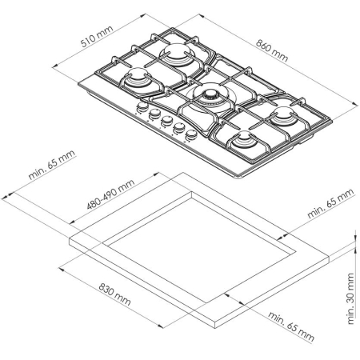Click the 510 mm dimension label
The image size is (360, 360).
pos(97,36)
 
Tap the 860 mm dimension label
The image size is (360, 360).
pos(272,50)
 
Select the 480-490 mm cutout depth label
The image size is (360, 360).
pos(110,194)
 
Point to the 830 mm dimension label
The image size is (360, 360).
pos(114,294)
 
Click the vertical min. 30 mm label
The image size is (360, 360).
pos(351,298)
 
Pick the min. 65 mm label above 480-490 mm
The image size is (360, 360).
pos(52,165)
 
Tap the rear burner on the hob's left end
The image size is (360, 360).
pos(175,54)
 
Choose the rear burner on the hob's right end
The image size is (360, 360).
pos(282,115)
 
